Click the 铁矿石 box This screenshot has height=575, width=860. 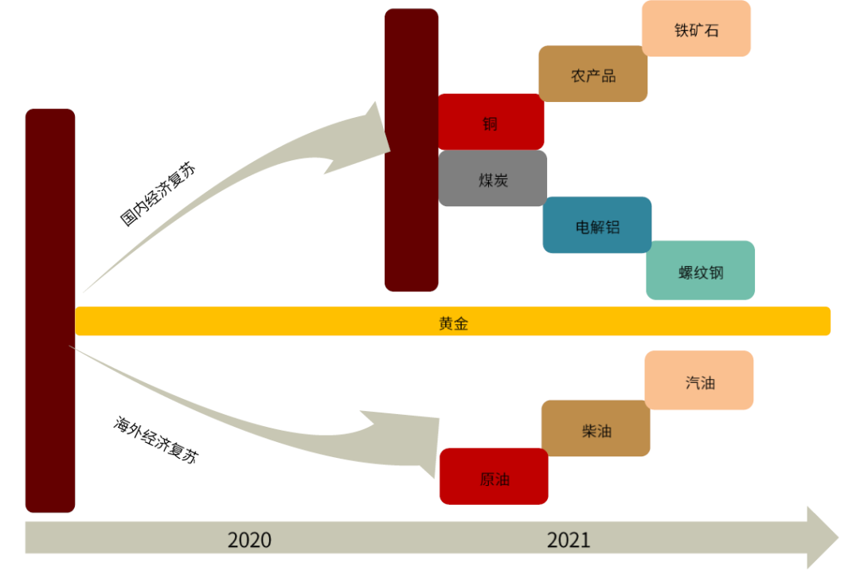click(x=696, y=29)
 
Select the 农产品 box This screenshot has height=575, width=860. click(x=592, y=75)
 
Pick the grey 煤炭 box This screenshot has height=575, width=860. click(x=492, y=178)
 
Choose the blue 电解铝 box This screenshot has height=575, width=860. click(x=597, y=225)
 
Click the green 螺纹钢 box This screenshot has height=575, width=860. click(x=700, y=271)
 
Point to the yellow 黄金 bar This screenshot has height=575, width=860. click(x=637, y=321)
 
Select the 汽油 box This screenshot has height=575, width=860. click(x=699, y=381)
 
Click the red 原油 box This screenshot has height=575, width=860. click(x=494, y=477)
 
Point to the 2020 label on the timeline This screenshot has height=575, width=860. click(x=249, y=540)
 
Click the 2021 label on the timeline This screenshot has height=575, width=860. click(x=569, y=540)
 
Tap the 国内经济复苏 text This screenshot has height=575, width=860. click(x=158, y=194)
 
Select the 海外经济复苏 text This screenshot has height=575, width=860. click(x=156, y=440)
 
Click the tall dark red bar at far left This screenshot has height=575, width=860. click(x=50, y=311)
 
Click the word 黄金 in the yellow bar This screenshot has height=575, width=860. click(x=453, y=322)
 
